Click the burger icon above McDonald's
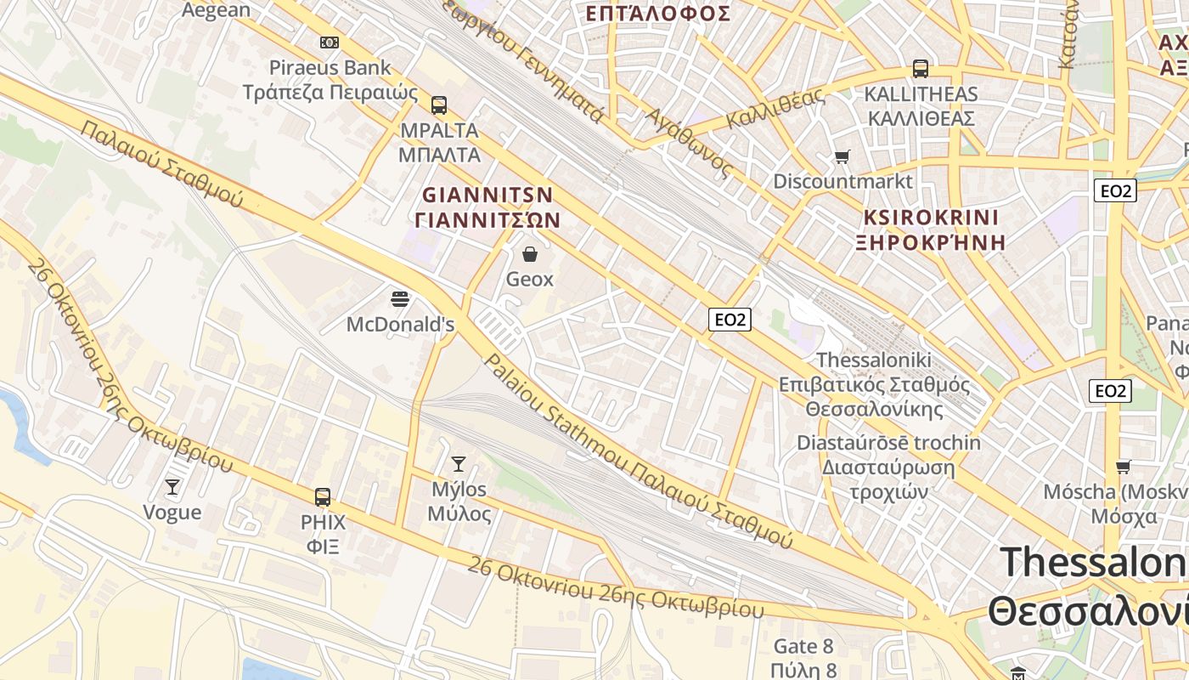point(400,299)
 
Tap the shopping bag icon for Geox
point(530,254)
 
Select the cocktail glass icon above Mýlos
point(459,463)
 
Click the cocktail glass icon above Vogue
point(172,486)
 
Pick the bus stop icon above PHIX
point(323,496)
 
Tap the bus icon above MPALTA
point(438,105)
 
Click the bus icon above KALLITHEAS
point(920,69)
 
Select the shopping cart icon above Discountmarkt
point(842,156)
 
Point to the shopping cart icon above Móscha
point(1123,467)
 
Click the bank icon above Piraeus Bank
point(329,42)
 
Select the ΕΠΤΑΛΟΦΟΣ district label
point(658,14)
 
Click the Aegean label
point(217,10)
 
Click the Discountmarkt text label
point(842,181)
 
